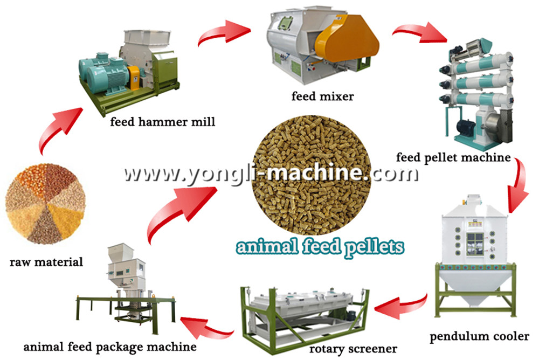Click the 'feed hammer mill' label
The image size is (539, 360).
162,122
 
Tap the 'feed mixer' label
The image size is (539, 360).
323,97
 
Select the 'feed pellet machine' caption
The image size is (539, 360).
453,157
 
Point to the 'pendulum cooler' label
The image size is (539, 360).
479,337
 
